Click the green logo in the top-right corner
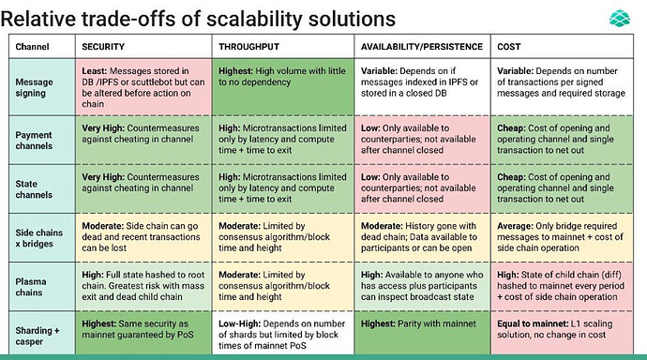click(x=620, y=19)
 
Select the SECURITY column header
click(x=103, y=47)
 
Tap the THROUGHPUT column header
click(x=248, y=47)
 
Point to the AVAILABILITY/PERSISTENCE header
click(x=422, y=47)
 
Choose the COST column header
click(x=509, y=47)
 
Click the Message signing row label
click(x=35, y=87)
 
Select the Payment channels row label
click(x=34, y=141)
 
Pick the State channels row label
click(x=34, y=189)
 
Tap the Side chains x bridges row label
click(x=39, y=238)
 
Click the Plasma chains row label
click(x=31, y=287)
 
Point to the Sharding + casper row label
click(x=38, y=336)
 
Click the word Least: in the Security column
click(x=95, y=71)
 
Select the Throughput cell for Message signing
click(x=283, y=86)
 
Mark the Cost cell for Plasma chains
click(x=562, y=286)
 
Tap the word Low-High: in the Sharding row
click(x=240, y=323)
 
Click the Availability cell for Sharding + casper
click(x=423, y=333)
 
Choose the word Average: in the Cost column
click(x=515, y=226)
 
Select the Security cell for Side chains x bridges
click(x=143, y=237)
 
